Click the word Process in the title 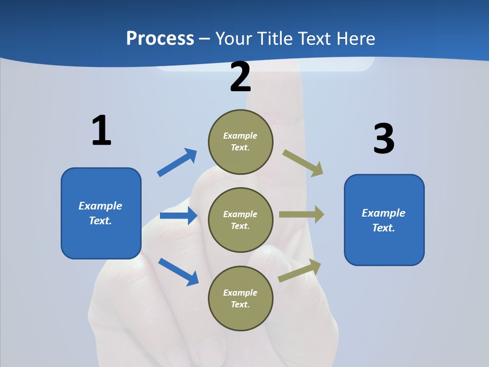[x=160, y=39]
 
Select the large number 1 [x=101, y=131]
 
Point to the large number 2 [x=240, y=77]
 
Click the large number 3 [x=384, y=139]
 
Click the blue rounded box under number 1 [x=101, y=213]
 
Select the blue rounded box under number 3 [x=384, y=220]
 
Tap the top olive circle [x=240, y=142]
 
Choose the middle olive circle [x=240, y=220]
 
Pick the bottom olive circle [x=240, y=299]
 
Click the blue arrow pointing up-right [x=177, y=163]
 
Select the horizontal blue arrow [x=178, y=216]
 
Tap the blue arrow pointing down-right [x=178, y=271]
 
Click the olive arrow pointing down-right [x=303, y=163]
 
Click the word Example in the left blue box [x=100, y=206]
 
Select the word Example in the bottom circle [x=240, y=293]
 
